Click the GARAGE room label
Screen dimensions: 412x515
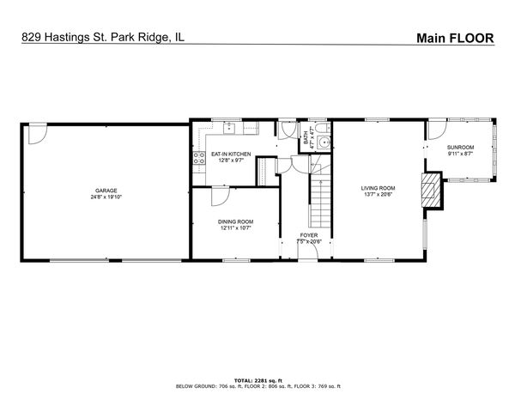click(106, 191)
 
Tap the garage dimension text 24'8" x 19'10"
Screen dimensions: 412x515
click(106, 197)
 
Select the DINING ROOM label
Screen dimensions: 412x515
click(234, 221)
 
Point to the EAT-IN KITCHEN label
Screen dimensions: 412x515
click(231, 154)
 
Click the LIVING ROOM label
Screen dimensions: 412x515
click(378, 188)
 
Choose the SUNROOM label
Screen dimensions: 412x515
click(460, 148)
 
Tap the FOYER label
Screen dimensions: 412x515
click(309, 235)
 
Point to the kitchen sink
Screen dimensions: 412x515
click(230, 128)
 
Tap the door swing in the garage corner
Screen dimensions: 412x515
click(37, 133)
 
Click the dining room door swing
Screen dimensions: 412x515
click(220, 196)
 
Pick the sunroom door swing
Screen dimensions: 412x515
click(436, 130)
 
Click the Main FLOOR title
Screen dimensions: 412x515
click(455, 38)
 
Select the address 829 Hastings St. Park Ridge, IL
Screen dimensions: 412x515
click(101, 38)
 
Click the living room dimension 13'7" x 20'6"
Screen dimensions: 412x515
click(378, 194)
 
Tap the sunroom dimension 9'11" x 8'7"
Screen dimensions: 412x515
click(460, 154)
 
